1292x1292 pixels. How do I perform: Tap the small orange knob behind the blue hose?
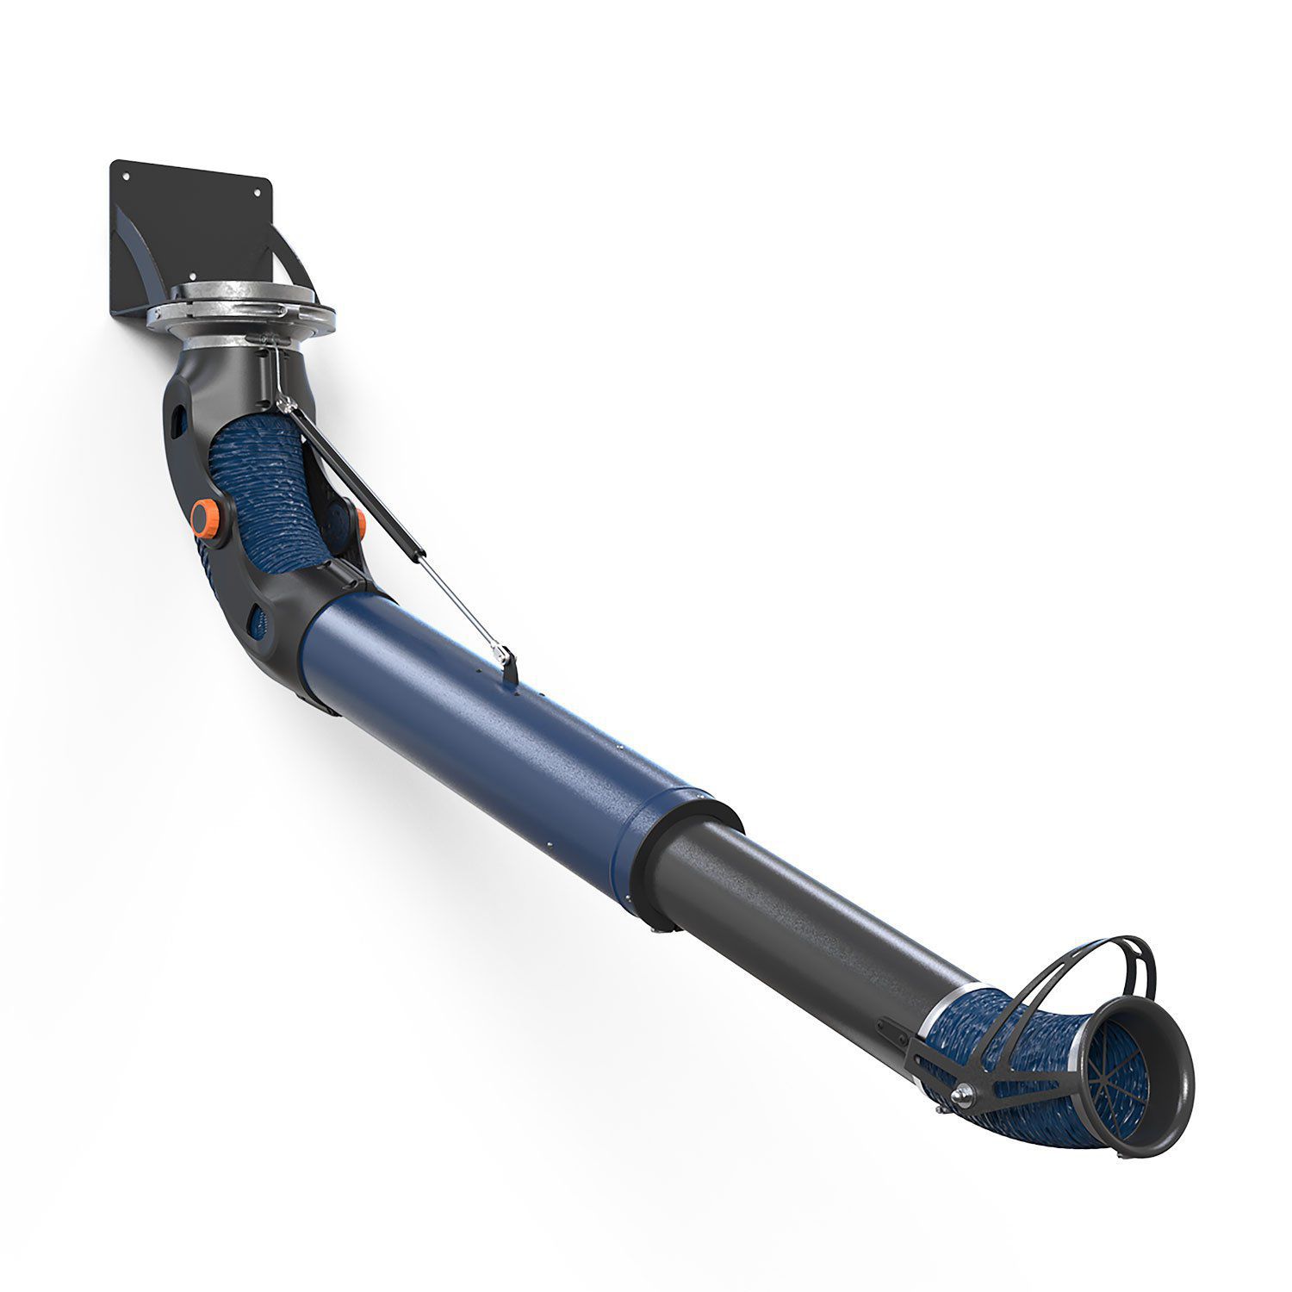tap(360, 523)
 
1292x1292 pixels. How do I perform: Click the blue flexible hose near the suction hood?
tap(1016, 1047)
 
